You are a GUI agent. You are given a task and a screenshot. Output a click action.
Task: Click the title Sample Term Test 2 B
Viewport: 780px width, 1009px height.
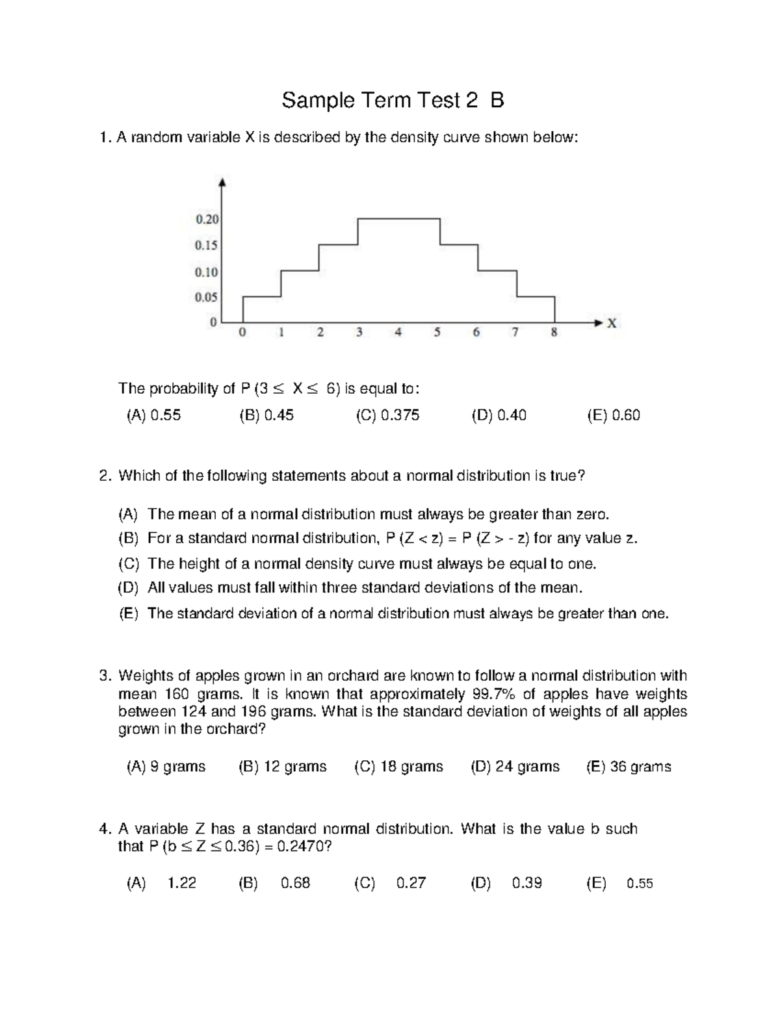pos(393,101)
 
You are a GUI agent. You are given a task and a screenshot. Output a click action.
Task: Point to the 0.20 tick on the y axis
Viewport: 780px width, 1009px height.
pos(207,220)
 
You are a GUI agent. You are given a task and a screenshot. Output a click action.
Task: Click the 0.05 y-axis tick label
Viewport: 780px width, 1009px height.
pos(207,298)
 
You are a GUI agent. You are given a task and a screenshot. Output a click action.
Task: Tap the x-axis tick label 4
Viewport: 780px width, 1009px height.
pos(398,333)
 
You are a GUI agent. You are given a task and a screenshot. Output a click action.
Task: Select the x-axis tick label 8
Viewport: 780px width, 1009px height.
pos(554,333)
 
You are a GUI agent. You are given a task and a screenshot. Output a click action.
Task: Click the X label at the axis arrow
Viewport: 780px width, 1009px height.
pos(612,323)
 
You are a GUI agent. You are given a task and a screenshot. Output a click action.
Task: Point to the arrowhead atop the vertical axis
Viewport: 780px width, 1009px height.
pos(223,182)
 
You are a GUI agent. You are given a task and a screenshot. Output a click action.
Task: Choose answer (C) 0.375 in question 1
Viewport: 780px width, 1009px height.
pos(387,415)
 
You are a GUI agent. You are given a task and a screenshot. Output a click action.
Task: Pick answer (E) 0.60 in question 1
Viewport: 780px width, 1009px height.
pos(613,415)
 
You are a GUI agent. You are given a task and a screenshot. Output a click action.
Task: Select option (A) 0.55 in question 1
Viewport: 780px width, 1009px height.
pos(153,415)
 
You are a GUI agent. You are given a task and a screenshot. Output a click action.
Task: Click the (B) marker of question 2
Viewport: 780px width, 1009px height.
pos(128,539)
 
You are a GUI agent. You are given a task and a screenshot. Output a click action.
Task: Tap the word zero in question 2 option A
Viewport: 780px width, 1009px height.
pos(592,515)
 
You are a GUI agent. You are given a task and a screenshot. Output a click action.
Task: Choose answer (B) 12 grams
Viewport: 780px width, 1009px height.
pos(283,767)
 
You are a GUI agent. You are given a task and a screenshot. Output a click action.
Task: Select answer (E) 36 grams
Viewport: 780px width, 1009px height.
pos(629,767)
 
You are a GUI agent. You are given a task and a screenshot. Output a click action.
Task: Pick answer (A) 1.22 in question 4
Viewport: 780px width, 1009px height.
pos(161,883)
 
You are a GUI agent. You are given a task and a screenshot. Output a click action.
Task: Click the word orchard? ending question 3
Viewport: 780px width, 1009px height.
pos(233,729)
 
